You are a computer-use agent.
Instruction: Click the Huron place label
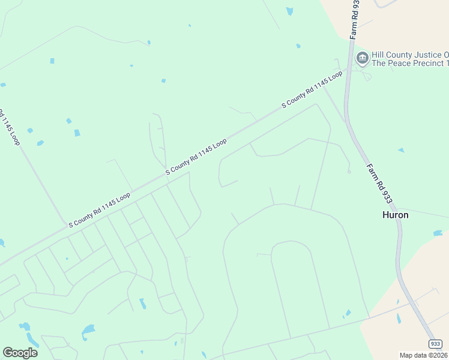(x=395, y=215)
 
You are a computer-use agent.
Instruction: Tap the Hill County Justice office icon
(x=362, y=58)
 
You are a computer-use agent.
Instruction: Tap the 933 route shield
(x=435, y=344)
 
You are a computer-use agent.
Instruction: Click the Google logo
(x=20, y=353)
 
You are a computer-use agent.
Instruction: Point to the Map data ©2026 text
(x=423, y=355)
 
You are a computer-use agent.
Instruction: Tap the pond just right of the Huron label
(x=438, y=233)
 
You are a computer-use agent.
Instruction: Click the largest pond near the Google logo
(x=88, y=329)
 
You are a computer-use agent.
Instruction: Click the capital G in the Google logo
(x=8, y=352)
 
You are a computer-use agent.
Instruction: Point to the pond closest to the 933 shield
(x=398, y=318)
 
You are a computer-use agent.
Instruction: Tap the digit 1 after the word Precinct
(x=447, y=63)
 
